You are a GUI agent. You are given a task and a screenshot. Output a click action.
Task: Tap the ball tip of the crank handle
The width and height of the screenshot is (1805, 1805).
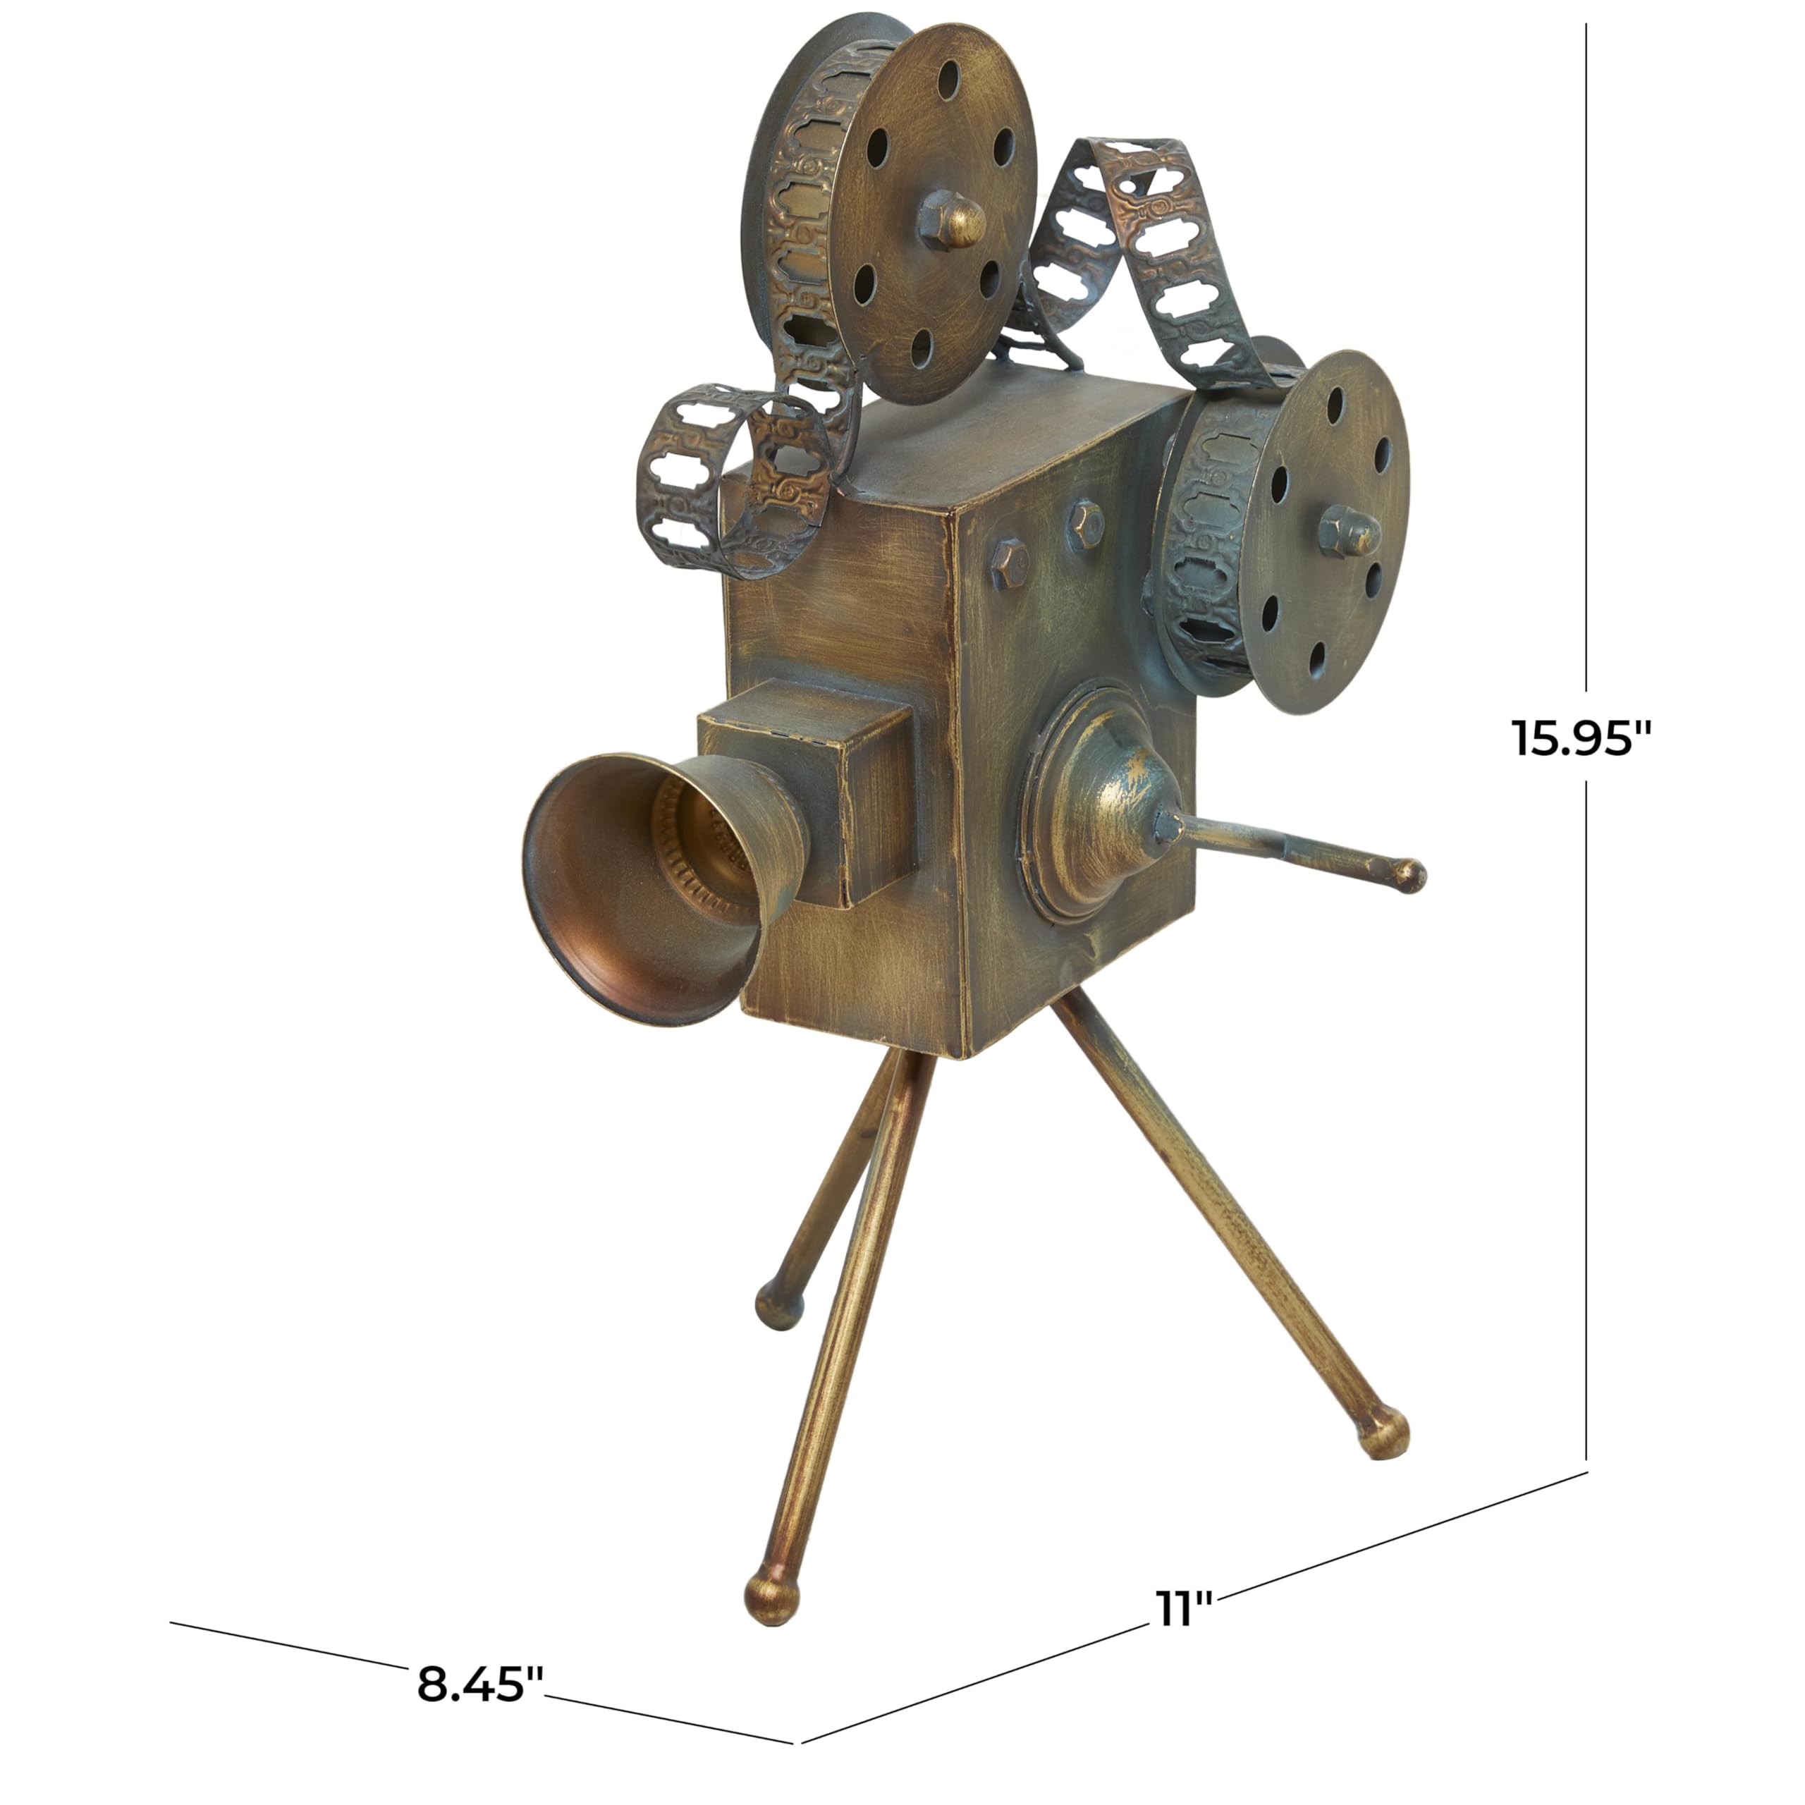(1408, 874)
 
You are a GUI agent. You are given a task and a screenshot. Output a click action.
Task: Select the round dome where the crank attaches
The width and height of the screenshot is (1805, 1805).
(1103, 808)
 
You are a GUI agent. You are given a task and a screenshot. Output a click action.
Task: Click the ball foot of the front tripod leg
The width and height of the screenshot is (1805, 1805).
(771, 1598)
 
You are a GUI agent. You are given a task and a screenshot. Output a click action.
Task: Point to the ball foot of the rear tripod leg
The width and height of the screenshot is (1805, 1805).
(780, 1303)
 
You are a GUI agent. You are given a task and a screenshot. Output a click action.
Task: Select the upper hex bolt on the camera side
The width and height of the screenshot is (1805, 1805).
(1087, 523)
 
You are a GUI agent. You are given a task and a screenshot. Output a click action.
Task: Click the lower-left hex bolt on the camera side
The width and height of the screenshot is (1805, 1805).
(1010, 563)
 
